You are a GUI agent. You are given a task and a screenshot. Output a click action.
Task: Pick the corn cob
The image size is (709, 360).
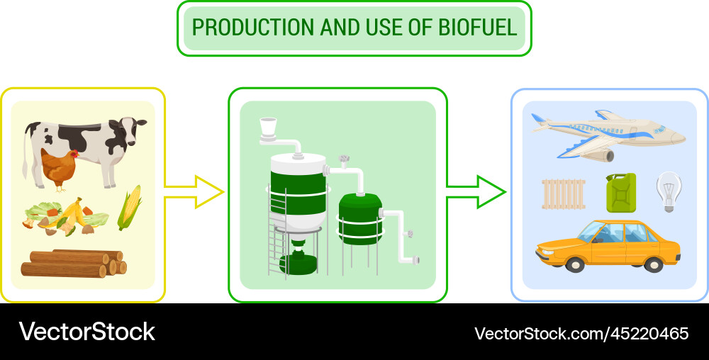click(x=129, y=207)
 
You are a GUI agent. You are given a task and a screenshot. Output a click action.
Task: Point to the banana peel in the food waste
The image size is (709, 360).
click(x=74, y=213)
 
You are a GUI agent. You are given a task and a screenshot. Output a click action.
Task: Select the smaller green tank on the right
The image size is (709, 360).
click(x=359, y=219)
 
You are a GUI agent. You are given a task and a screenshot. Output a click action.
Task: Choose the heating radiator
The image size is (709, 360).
click(x=564, y=193)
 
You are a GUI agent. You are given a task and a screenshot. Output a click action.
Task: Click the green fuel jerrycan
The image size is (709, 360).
click(x=621, y=192)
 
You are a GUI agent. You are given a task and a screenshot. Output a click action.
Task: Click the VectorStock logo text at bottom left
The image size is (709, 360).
click(x=86, y=332)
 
